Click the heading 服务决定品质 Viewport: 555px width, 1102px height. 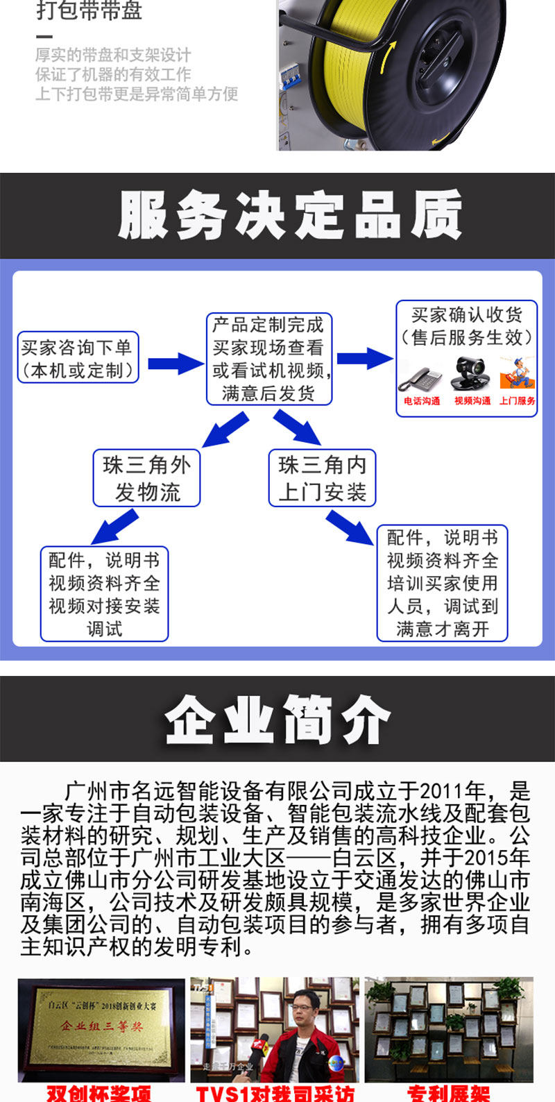[x=290, y=215]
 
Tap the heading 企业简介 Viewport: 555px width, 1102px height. [x=277, y=720]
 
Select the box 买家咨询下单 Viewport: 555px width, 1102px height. [x=78, y=358]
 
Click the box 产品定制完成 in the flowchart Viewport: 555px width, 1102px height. [x=268, y=359]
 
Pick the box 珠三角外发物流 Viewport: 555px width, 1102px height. [x=146, y=478]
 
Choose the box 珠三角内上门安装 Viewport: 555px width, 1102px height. [x=322, y=478]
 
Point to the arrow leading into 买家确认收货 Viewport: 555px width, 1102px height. [x=364, y=358]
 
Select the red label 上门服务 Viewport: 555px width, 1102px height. [x=518, y=401]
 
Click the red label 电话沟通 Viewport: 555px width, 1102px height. [x=422, y=401]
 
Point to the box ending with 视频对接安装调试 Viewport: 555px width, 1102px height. [x=104, y=594]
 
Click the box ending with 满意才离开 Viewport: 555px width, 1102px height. [x=443, y=583]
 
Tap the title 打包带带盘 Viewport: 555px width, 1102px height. [x=89, y=10]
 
